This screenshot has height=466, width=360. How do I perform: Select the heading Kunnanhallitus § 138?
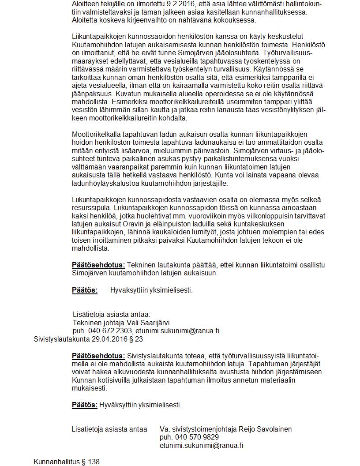coord(67,462)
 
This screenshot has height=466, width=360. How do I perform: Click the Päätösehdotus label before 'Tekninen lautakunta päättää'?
coord(98,265)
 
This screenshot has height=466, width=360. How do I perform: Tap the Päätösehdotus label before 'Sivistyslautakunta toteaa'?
coord(98,356)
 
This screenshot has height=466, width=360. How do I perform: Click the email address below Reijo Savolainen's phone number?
coord(201,445)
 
